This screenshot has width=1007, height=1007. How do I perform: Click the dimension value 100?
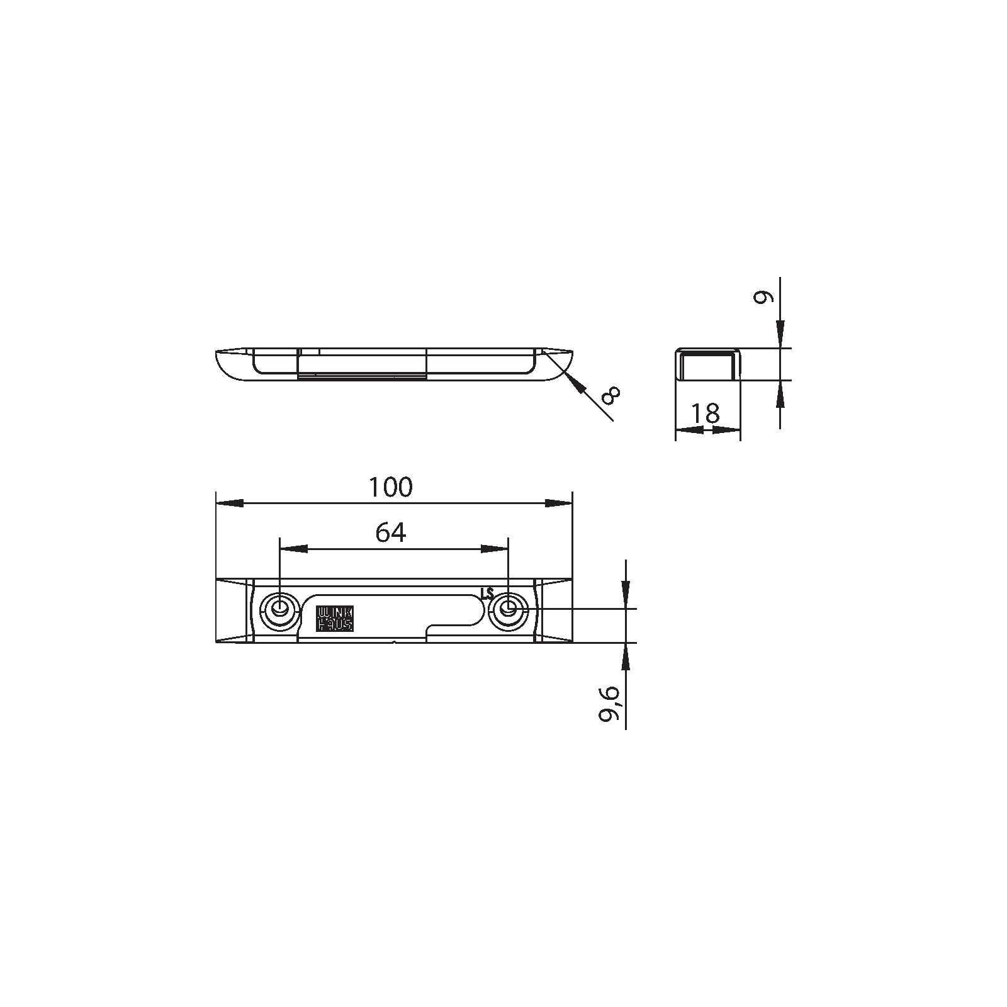(x=390, y=487)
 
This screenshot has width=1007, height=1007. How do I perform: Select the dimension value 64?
(x=391, y=533)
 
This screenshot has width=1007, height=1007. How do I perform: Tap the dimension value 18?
(x=706, y=413)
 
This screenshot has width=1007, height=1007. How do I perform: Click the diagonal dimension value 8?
(x=610, y=395)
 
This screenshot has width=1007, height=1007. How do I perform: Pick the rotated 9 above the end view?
(x=762, y=298)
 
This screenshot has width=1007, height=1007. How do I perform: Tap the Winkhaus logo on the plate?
(x=335, y=619)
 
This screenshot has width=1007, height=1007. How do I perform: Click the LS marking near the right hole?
(x=487, y=594)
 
